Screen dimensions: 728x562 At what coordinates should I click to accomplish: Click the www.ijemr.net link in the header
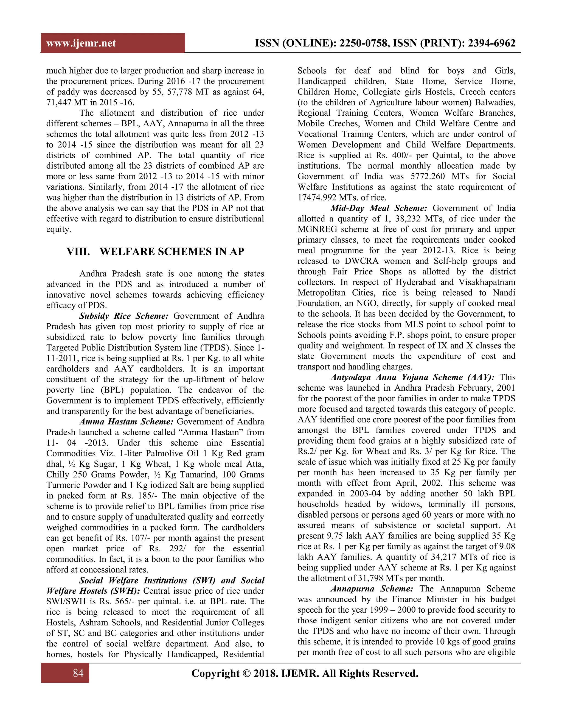pos(81,43)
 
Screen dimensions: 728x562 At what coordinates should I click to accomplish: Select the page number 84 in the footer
pos(78,673)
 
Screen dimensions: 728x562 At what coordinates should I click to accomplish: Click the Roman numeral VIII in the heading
pos(78,251)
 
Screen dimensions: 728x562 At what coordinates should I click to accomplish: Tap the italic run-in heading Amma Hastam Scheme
pos(126,422)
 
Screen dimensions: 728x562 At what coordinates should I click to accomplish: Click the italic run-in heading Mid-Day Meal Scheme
pos(378,208)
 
